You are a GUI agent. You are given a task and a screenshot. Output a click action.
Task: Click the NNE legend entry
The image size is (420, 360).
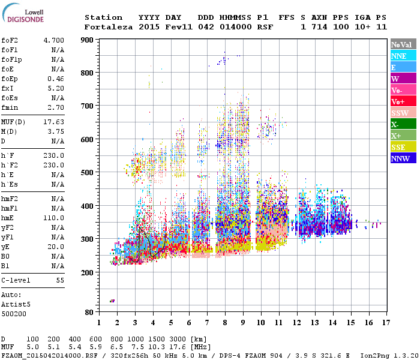click(x=398, y=56)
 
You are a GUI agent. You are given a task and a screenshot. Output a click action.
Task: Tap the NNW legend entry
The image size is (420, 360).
click(x=400, y=158)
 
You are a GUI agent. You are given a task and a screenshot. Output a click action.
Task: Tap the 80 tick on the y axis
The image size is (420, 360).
click(x=88, y=313)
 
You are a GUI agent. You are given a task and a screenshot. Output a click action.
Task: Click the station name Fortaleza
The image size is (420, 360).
click(x=109, y=27)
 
